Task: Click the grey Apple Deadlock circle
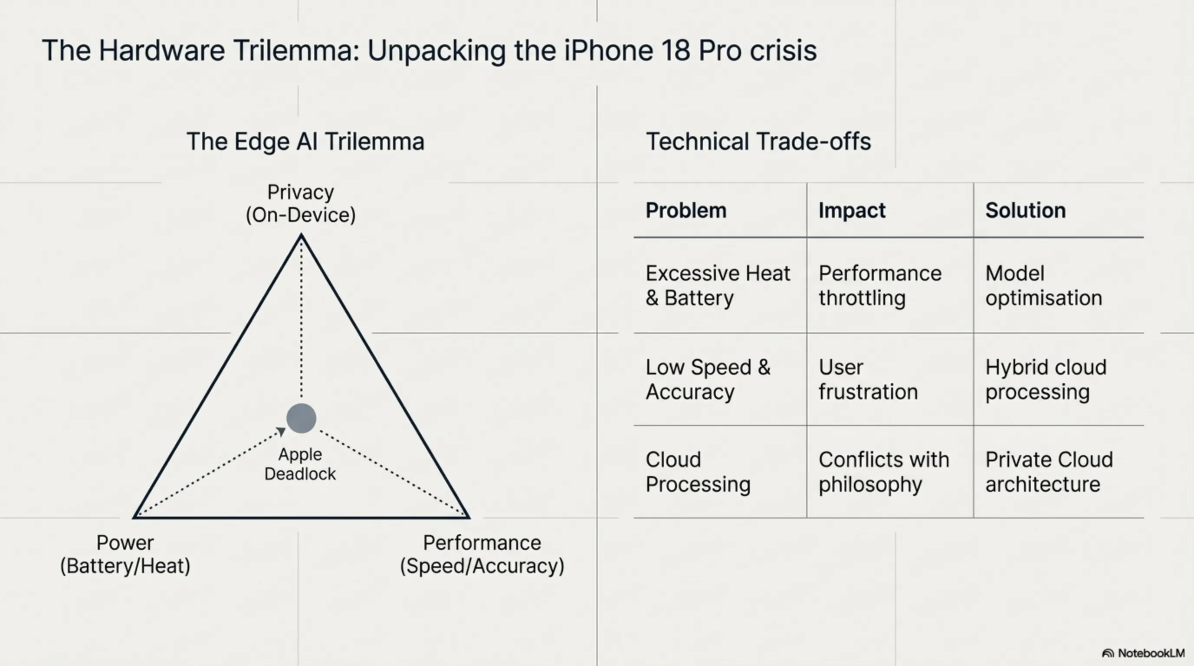pyautogui.click(x=301, y=418)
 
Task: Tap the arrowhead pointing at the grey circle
pyautogui.click(x=281, y=432)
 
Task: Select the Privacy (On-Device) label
pyautogui.click(x=301, y=203)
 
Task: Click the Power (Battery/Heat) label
pyautogui.click(x=125, y=554)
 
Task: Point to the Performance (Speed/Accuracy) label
pyautogui.click(x=482, y=554)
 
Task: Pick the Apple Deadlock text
pyautogui.click(x=300, y=464)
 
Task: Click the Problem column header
pyautogui.click(x=686, y=210)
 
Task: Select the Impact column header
pyautogui.click(x=852, y=210)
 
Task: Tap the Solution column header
pyautogui.click(x=1025, y=210)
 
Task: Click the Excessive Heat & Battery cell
pyautogui.click(x=718, y=285)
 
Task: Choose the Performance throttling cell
pyautogui.click(x=880, y=285)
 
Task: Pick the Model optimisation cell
pyautogui.click(x=1043, y=285)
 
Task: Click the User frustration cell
pyautogui.click(x=868, y=379)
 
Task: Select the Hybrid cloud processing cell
pyautogui.click(x=1046, y=379)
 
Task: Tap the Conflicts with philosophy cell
pyautogui.click(x=884, y=472)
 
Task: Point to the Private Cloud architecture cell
pyautogui.click(x=1049, y=472)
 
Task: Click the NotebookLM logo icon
pyautogui.click(x=1108, y=653)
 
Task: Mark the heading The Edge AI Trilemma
pyautogui.click(x=305, y=141)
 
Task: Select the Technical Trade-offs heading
pyautogui.click(x=758, y=141)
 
